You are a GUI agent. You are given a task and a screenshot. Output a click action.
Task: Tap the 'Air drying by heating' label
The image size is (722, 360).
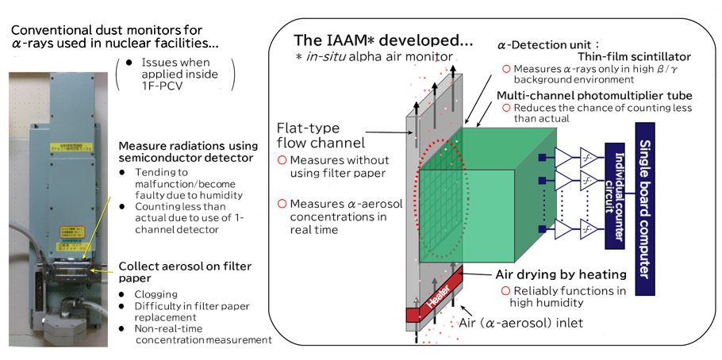click(x=560, y=274)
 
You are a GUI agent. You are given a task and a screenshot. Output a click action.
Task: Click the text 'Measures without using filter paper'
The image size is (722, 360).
click(x=333, y=167)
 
